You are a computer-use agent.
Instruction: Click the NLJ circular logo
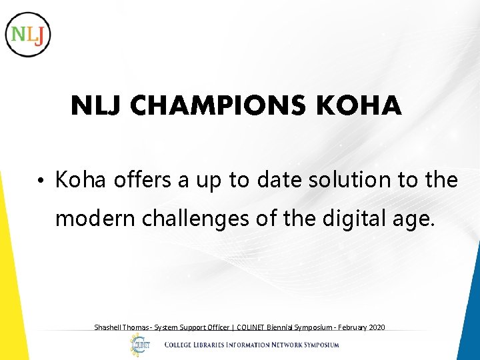coord(27,34)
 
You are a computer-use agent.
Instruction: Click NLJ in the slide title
coord(97,106)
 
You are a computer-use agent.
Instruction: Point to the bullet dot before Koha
coord(41,181)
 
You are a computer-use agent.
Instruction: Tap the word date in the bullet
coord(283,180)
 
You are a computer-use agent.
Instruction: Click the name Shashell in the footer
coord(109,327)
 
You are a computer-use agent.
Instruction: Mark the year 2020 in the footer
coord(376,327)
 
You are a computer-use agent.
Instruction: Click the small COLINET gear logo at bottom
coord(140,345)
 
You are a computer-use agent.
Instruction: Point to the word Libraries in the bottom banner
coord(217,345)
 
